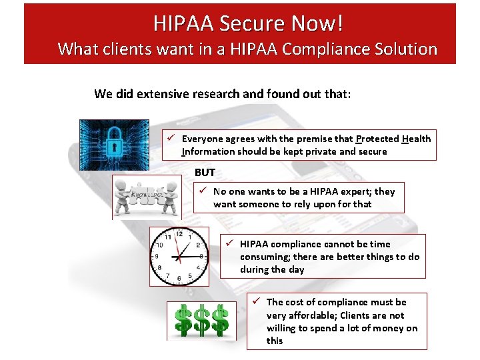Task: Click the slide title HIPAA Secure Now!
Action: pos(249,23)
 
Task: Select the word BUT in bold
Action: pos(205,172)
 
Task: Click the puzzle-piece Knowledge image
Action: pos(146,197)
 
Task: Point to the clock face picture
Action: pos(179,256)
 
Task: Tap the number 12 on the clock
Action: pos(179,234)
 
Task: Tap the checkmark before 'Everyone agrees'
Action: pos(171,139)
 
